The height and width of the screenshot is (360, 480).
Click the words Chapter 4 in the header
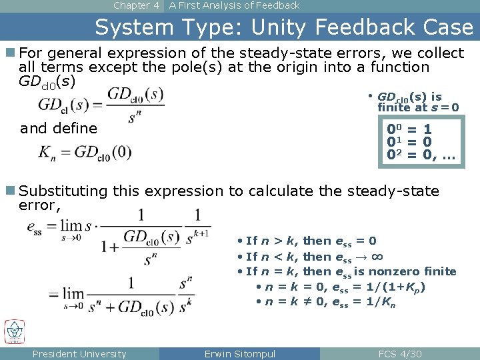click(x=136, y=5)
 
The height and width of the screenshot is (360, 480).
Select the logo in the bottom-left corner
click(x=14, y=332)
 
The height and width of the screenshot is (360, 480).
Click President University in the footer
click(x=79, y=354)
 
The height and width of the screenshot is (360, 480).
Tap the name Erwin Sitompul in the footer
click(x=240, y=354)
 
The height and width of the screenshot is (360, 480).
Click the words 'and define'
click(x=59, y=128)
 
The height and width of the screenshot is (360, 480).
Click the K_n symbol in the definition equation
click(x=47, y=153)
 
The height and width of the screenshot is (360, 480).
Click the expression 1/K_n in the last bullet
click(x=383, y=303)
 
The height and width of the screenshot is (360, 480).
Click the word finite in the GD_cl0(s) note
click(x=393, y=107)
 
